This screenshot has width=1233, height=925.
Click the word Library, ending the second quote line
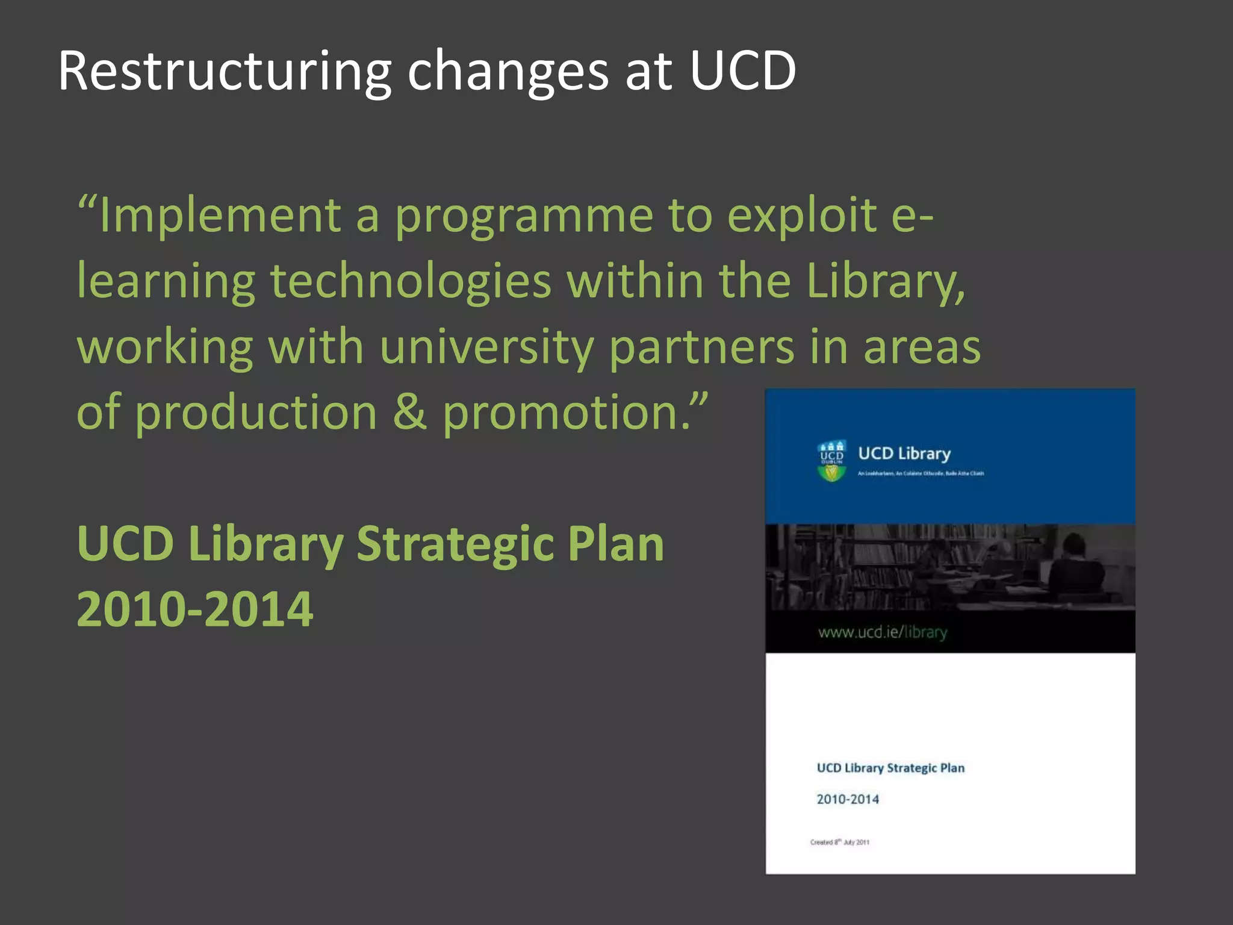point(886,282)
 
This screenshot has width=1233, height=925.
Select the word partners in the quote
point(702,348)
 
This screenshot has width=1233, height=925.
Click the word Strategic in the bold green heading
point(454,544)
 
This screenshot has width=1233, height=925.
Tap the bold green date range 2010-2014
point(195,609)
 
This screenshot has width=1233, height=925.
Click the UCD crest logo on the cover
point(831,461)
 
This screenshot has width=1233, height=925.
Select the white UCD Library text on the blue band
point(904,453)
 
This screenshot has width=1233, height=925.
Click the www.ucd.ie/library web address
point(883,632)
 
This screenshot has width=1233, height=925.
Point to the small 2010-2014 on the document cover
point(848,799)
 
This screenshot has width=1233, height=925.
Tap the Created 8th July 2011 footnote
point(839,842)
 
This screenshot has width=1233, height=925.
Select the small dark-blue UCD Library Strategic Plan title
point(890,768)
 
